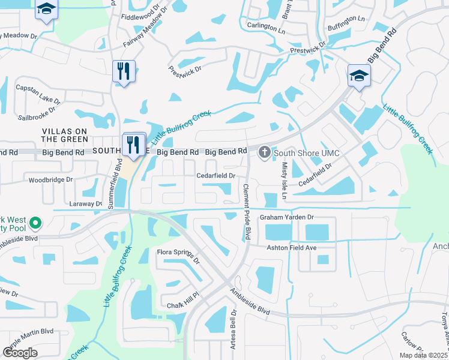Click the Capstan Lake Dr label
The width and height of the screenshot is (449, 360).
click(x=37, y=94)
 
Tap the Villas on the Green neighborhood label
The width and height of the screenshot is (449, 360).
click(x=65, y=135)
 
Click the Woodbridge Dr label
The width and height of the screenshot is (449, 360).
click(x=50, y=179)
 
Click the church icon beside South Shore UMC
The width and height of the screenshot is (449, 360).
click(x=263, y=154)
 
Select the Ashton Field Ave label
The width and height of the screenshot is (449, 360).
click(x=291, y=247)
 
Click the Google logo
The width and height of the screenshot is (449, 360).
click(x=20, y=352)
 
